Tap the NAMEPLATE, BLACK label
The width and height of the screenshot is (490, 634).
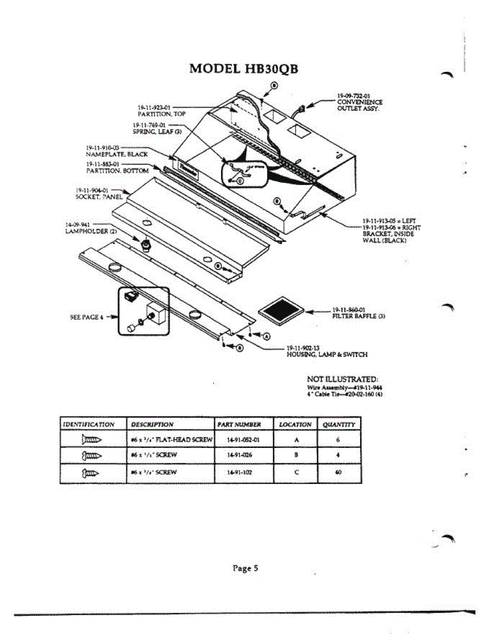click(117, 154)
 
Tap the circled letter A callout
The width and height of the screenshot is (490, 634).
click(266, 335)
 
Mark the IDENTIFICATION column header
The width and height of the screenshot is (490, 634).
click(89, 424)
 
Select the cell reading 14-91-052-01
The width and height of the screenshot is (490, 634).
click(243, 439)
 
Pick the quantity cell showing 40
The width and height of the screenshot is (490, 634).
click(338, 473)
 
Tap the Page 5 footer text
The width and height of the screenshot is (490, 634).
click(245, 568)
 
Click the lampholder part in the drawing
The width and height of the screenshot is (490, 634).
click(144, 245)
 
